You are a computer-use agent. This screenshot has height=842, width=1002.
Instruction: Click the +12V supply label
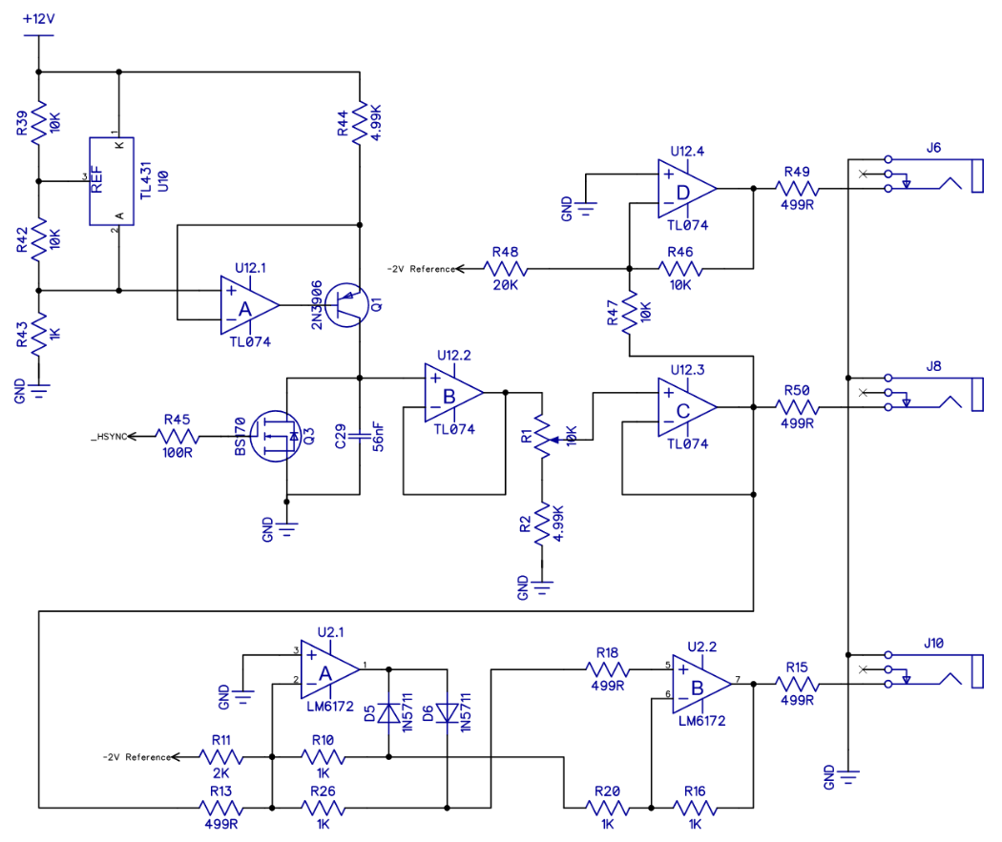click(x=39, y=18)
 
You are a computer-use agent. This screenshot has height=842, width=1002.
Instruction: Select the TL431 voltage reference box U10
click(x=112, y=181)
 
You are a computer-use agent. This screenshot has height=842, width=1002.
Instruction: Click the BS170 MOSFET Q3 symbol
click(x=276, y=437)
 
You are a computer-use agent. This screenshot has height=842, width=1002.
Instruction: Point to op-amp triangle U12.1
click(x=249, y=305)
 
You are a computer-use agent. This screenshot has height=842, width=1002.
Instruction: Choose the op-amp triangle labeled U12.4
click(x=687, y=188)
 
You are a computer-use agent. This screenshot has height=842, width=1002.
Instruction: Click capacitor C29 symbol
click(x=360, y=436)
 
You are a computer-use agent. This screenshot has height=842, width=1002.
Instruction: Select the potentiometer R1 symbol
click(x=543, y=438)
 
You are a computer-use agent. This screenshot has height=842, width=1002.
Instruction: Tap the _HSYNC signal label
click(x=110, y=437)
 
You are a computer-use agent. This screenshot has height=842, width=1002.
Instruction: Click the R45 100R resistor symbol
click(x=177, y=437)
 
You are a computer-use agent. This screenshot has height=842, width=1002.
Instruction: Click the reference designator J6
click(x=933, y=148)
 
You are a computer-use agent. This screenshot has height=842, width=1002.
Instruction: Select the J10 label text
click(x=933, y=643)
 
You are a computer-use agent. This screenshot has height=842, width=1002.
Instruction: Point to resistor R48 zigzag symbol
click(x=506, y=269)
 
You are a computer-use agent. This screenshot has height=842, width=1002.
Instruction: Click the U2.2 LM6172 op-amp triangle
click(x=701, y=685)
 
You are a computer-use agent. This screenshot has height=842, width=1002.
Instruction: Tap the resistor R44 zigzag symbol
click(x=360, y=122)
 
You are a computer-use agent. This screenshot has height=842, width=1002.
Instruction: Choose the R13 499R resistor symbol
click(x=221, y=808)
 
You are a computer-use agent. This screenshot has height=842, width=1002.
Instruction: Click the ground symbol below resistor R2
click(x=542, y=586)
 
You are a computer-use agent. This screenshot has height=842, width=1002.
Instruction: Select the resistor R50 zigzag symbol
click(x=797, y=406)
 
